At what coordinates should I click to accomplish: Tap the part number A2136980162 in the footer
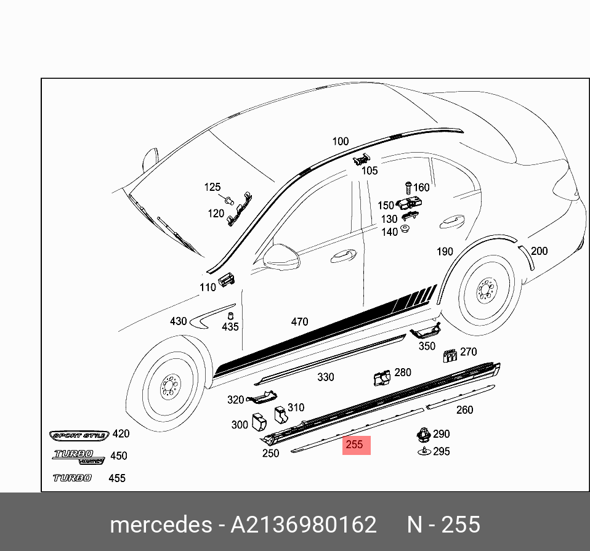(303, 525)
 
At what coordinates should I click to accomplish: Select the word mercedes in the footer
(160, 525)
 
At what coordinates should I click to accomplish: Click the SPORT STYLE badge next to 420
(79, 435)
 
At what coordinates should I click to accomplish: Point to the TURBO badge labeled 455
(72, 478)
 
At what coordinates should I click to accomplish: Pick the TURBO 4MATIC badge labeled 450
(77, 456)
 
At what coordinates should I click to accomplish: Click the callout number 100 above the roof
(340, 142)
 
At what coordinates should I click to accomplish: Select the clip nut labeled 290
(423, 434)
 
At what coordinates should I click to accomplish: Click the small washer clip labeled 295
(424, 452)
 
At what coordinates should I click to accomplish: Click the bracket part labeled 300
(259, 422)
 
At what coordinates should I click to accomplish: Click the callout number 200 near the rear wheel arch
(539, 251)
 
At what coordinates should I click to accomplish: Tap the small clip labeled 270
(450, 355)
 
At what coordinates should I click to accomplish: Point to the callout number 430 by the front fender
(178, 321)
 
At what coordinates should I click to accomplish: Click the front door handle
(343, 255)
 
